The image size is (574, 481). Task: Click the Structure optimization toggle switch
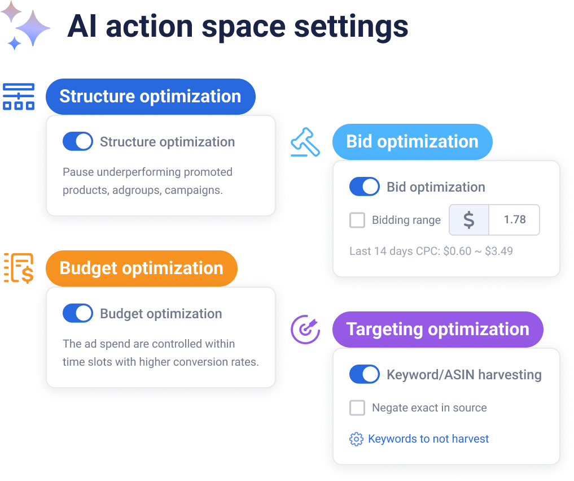(x=78, y=142)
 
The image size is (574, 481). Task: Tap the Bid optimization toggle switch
(x=365, y=187)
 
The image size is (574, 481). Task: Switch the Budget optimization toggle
(x=78, y=314)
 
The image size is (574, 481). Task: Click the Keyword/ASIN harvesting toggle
(x=365, y=374)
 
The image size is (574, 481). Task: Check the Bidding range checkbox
(x=357, y=220)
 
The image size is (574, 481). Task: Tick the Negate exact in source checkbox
(x=357, y=408)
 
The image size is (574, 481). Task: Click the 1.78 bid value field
(x=514, y=220)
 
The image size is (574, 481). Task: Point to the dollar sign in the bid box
(x=468, y=220)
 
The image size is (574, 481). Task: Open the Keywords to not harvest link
(x=428, y=439)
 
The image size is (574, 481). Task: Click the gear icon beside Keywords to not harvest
(x=356, y=439)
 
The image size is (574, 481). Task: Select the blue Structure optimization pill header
(x=150, y=97)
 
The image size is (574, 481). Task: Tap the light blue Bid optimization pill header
(x=412, y=141)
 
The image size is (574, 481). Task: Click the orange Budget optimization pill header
(x=141, y=268)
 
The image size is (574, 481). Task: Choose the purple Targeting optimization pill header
(x=437, y=329)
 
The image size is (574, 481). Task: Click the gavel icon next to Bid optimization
(x=305, y=142)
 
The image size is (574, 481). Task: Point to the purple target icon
(x=305, y=330)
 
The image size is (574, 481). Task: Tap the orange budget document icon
(x=19, y=268)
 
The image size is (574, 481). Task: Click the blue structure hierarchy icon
(x=19, y=97)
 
